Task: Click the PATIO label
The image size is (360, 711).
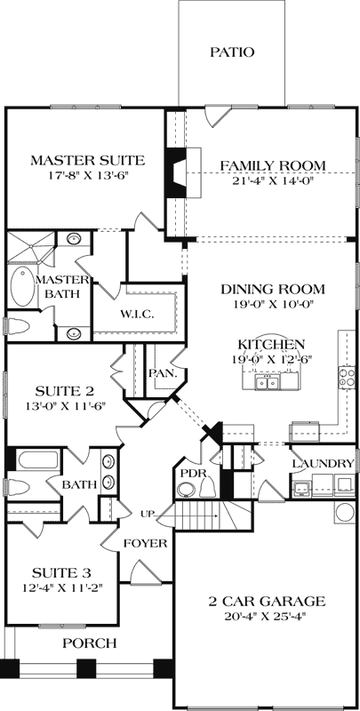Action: pyautogui.click(x=232, y=52)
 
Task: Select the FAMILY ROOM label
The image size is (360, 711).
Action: pyautogui.click(x=272, y=165)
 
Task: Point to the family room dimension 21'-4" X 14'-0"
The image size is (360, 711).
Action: pyautogui.click(x=272, y=181)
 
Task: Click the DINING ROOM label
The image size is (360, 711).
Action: pyautogui.click(x=273, y=290)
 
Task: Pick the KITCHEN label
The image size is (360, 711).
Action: pyautogui.click(x=272, y=344)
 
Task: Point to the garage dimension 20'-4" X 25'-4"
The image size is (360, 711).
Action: pyautogui.click(x=266, y=615)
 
